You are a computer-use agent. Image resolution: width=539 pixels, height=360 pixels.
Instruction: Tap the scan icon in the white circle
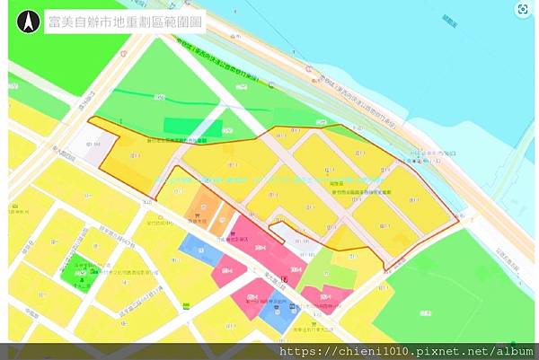tap(522, 9)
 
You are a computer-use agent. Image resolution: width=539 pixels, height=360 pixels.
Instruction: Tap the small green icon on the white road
tap(186, 305)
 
